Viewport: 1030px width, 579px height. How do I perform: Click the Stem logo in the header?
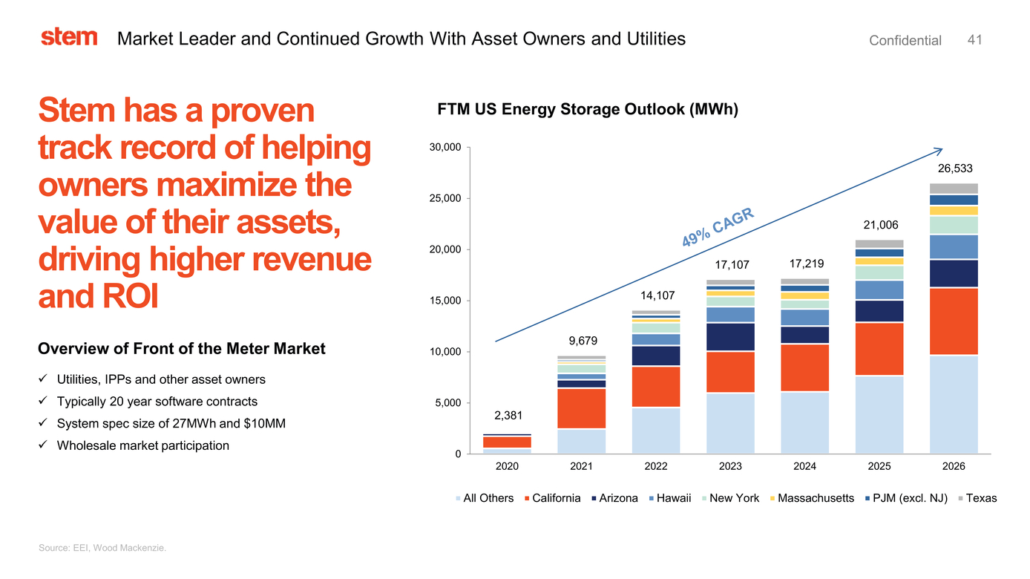[x=69, y=37]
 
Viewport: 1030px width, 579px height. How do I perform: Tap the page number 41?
[x=975, y=40]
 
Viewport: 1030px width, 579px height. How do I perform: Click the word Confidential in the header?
[x=905, y=41]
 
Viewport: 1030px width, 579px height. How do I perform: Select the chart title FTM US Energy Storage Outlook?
[x=588, y=110]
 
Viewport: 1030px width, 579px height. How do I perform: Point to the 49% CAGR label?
[x=718, y=228]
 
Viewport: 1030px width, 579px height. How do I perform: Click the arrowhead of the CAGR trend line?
[x=939, y=150]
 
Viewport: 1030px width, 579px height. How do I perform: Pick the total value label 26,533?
[x=954, y=169]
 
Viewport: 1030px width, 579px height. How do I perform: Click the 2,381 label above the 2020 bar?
[x=508, y=414]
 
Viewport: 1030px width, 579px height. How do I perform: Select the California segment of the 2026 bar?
[x=954, y=321]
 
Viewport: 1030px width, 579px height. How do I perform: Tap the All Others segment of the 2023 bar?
[x=730, y=423]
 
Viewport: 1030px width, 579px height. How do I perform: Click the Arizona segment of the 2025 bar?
[x=879, y=311]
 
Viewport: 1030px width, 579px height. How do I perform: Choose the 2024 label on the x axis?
[x=804, y=467]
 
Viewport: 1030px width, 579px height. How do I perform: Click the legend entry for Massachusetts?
[x=816, y=498]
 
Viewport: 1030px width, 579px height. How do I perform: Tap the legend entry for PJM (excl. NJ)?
[x=910, y=498]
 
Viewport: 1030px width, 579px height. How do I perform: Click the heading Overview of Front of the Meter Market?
[x=182, y=349]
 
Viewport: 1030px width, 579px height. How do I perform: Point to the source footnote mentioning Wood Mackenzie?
[x=102, y=548]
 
